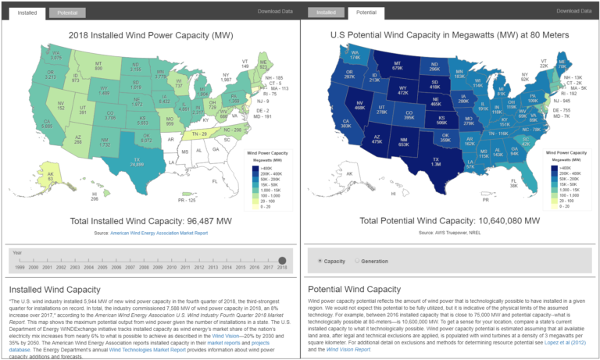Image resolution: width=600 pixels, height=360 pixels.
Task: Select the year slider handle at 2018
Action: pos(282,260)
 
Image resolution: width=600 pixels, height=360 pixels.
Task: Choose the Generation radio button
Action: pos(357,261)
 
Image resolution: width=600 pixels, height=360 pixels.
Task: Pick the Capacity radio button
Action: pos(320,261)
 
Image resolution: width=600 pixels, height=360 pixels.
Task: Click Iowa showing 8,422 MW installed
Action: pos(164,101)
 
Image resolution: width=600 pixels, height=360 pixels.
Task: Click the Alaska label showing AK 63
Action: pos(49,177)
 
